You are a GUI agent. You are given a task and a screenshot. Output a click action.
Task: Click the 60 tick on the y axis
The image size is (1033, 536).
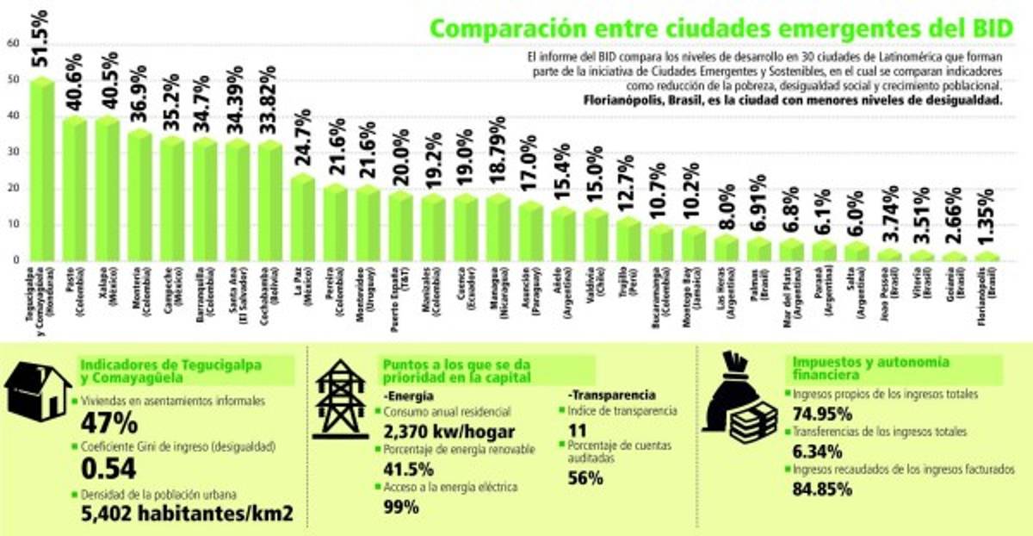pos(11,43)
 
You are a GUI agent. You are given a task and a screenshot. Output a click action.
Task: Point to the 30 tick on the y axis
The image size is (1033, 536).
pos(11,152)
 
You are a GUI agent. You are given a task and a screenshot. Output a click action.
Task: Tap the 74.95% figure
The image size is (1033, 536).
pos(821,413)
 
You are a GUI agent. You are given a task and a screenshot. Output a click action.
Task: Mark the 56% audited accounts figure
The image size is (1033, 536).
pos(585,480)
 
